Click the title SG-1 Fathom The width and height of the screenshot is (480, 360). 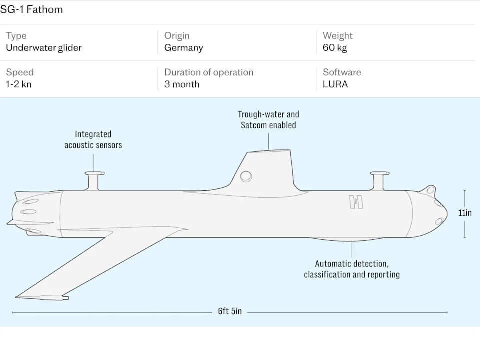tap(31, 9)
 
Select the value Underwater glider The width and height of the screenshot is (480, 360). tap(44, 48)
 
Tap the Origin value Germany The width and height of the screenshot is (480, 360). tap(184, 48)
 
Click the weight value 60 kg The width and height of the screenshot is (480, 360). tap(335, 48)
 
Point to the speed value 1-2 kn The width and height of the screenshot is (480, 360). tap(19, 84)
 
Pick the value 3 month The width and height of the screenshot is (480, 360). tap(182, 84)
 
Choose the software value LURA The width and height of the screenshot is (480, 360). tap(335, 84)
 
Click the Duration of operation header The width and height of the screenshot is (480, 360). tap(209, 72)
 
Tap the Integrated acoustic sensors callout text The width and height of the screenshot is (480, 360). tap(93, 139)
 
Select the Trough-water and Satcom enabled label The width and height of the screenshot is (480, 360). tap(268, 120)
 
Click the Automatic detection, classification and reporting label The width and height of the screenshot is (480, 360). tap(352, 269)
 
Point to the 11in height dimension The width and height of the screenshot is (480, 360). tap(465, 213)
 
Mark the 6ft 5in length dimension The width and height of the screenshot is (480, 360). tap(230, 311)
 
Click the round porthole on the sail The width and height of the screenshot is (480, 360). tap(246, 176)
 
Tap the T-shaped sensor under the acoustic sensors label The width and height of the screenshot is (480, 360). tap(94, 178)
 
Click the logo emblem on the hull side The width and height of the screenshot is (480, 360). tap(356, 202)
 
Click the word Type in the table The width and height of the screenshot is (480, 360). tap(16, 36)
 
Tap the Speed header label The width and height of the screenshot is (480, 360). tap(20, 72)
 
